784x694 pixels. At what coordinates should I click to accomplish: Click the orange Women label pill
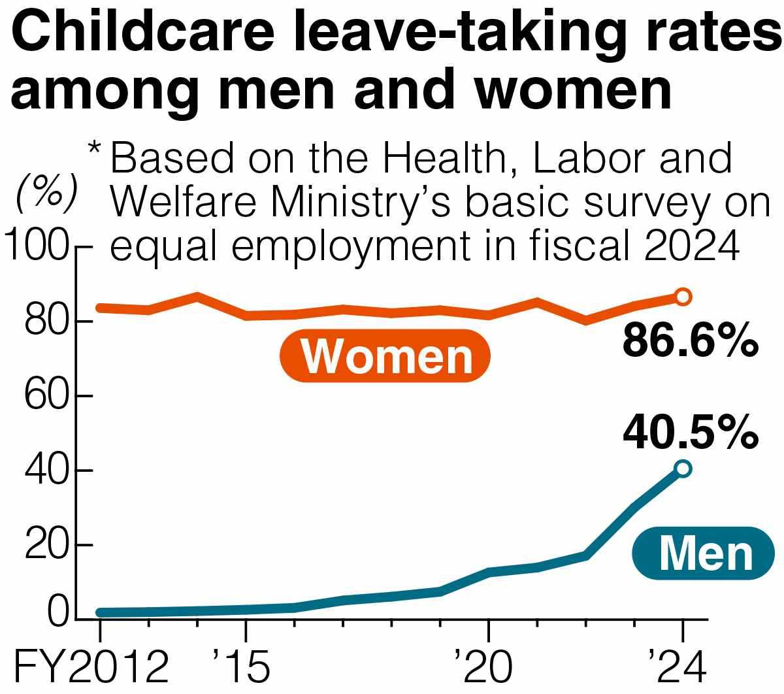tap(385, 356)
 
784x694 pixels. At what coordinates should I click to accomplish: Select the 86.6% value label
tap(690, 340)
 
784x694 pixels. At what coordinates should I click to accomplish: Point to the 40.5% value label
tap(690, 432)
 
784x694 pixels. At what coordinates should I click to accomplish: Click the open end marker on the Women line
tap(683, 297)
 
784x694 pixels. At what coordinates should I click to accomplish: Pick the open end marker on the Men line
tap(683, 469)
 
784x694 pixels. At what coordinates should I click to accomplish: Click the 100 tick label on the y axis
tap(36, 248)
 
